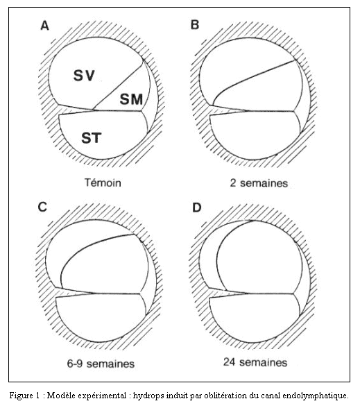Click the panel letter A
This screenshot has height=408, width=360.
pos(44,26)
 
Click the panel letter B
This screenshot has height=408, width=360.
pos(195,24)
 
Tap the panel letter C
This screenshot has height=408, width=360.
pos(42,207)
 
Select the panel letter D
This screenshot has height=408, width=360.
pos(197,207)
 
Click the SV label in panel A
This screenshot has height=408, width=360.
pos(84,76)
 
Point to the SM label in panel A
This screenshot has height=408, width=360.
pos(131,99)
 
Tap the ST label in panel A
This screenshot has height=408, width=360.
pos(91,138)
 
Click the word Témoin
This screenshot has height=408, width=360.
pos(103,182)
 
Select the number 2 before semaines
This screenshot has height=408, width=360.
pos(233,183)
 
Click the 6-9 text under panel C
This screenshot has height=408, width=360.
pos(75,364)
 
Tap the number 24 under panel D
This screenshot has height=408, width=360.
pos(229,362)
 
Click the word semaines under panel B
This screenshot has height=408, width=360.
pos(264,183)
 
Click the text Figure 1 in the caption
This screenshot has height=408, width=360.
pos(25,396)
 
